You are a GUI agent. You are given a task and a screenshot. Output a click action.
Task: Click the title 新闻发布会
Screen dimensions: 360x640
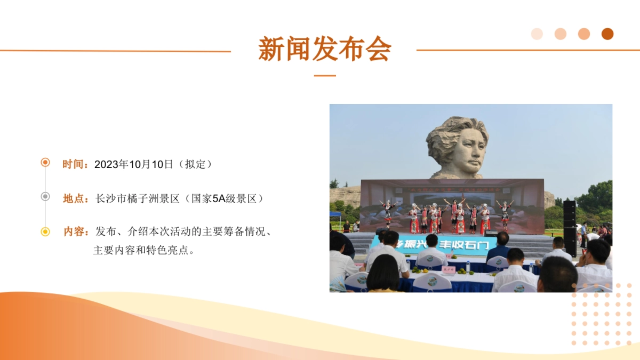pyautogui.click(x=324, y=49)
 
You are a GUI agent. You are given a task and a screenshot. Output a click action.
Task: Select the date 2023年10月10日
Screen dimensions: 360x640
pyautogui.click(x=134, y=164)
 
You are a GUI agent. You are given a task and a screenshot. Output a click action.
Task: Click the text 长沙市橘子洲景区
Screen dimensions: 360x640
pyautogui.click(x=138, y=198)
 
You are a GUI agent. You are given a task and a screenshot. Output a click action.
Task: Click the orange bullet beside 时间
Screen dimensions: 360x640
pyautogui.click(x=45, y=162)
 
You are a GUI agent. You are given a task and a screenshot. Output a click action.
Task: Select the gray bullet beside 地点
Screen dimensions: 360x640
pyautogui.click(x=45, y=196)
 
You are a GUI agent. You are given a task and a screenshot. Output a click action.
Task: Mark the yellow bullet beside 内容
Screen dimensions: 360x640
pyautogui.click(x=45, y=231)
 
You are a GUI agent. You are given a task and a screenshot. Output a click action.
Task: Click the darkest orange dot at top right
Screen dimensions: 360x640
pyautogui.click(x=607, y=34)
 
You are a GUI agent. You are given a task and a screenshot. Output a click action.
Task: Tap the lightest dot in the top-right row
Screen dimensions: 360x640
pyautogui.click(x=537, y=34)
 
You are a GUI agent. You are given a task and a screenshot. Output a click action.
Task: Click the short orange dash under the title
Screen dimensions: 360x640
pyautogui.click(x=324, y=76)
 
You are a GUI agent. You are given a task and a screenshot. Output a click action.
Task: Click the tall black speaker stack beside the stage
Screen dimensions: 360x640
pyautogui.click(x=570, y=227)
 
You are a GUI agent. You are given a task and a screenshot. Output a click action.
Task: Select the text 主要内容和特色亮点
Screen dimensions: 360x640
pyautogui.click(x=142, y=250)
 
